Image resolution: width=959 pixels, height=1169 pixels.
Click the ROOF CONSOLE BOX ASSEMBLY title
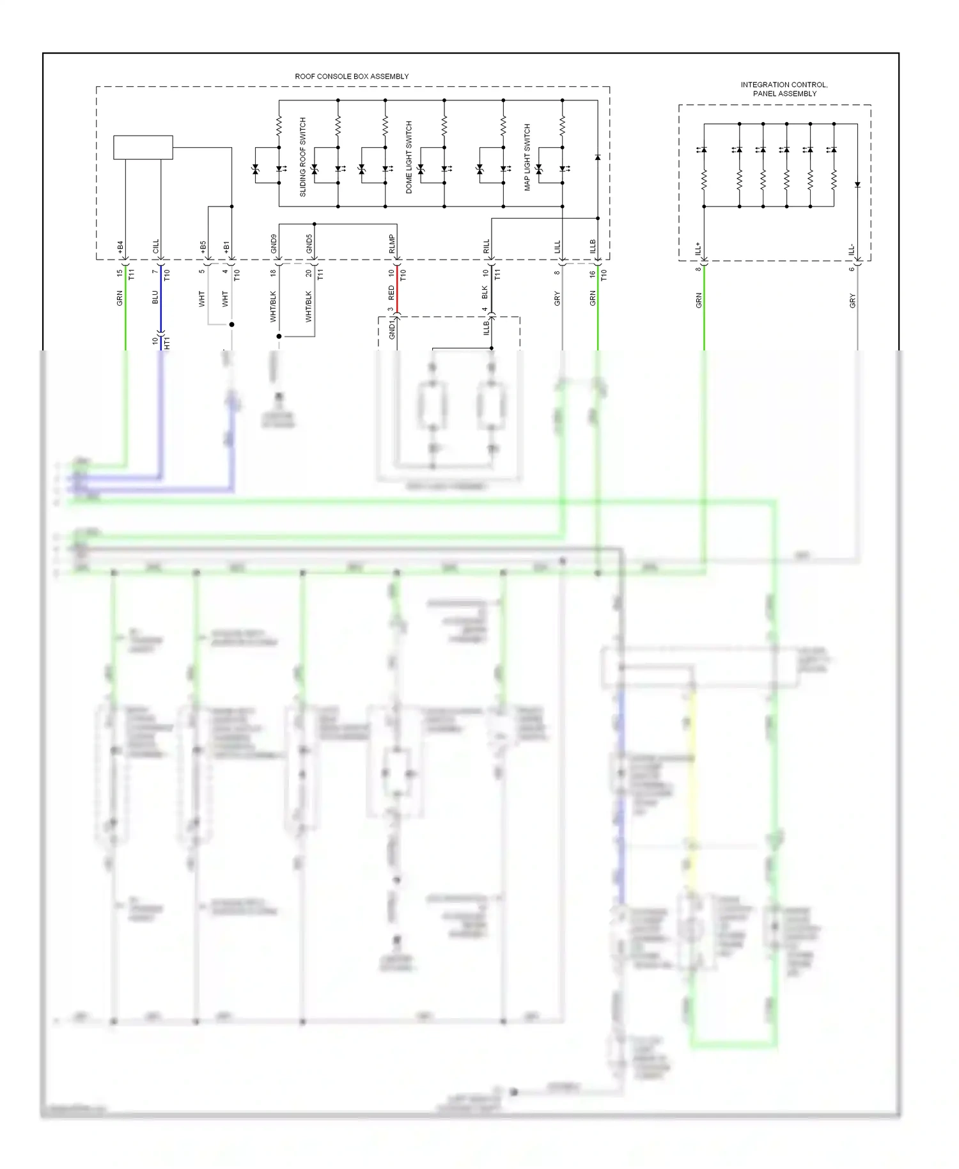[352, 76]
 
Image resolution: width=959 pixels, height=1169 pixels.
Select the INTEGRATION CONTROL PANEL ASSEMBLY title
[784, 89]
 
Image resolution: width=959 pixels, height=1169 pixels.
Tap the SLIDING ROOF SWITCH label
[303, 157]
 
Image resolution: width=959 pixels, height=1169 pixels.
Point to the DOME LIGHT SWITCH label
[409, 157]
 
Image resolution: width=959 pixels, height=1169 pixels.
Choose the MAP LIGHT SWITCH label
[527, 157]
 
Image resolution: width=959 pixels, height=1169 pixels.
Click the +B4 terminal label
[120, 247]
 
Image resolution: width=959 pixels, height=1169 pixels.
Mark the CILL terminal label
[155, 247]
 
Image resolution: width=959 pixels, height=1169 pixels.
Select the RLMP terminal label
[392, 244]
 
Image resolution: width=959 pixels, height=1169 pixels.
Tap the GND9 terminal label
[274, 244]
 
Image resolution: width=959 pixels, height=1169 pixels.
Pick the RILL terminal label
[486, 246]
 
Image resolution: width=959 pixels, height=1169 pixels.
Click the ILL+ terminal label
[698, 248]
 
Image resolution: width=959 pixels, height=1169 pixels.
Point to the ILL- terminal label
[852, 249]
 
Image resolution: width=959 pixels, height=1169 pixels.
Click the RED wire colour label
[392, 293]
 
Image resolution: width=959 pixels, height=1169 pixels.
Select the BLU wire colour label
[155, 297]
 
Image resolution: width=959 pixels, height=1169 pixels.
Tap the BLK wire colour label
[485, 292]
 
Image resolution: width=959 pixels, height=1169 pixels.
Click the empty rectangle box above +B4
[143, 147]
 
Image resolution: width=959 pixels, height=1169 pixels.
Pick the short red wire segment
[397, 291]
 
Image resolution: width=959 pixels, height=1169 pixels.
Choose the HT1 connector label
[168, 343]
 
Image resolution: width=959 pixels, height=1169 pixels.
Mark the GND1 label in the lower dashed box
[392, 330]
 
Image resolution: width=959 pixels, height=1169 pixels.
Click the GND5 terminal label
[309, 244]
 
